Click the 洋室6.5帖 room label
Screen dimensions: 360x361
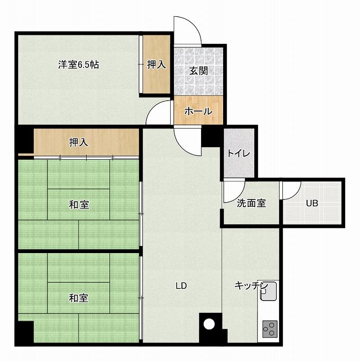coord(79,65)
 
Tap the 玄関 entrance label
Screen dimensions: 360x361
coord(198,71)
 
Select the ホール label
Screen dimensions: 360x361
coord(198,111)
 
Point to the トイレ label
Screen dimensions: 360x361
coord(239,153)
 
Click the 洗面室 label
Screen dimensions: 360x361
coord(252,203)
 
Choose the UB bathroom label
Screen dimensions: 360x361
coord(312,204)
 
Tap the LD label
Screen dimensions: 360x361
coord(181,286)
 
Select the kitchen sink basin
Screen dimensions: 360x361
coord(268,291)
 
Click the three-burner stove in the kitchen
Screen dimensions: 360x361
coord(270,329)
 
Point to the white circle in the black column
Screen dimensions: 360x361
coord(209,324)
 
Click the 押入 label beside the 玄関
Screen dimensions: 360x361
coord(156,65)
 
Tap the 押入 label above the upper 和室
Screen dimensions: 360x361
coord(79,143)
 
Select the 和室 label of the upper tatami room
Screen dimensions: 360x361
coord(79,205)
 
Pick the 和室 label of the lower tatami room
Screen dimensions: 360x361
coord(79,298)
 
